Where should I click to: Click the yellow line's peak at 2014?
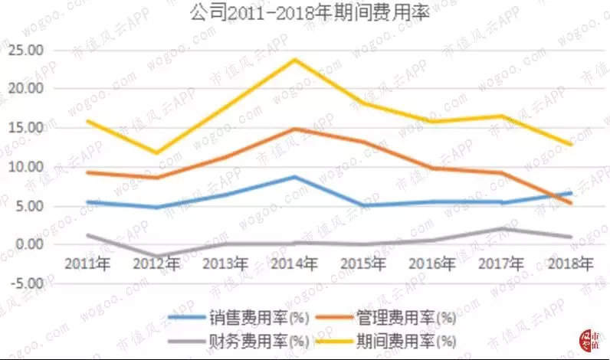[295, 59]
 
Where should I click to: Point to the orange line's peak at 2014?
[295, 129]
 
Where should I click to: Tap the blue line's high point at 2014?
[295, 177]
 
